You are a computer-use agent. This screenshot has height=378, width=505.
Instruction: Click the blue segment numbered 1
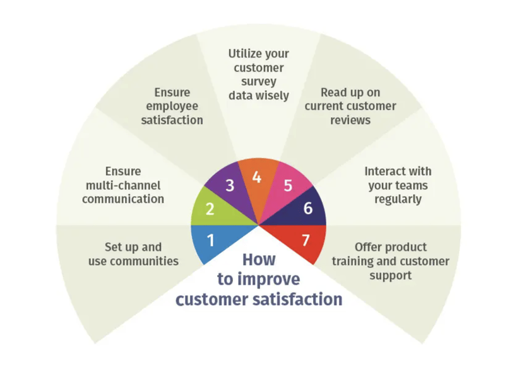coord(211,241)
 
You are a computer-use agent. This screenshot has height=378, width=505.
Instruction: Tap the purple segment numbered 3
coord(230,186)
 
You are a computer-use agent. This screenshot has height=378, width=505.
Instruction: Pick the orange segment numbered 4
coord(257,178)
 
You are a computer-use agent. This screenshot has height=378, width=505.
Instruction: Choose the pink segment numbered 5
coord(287,186)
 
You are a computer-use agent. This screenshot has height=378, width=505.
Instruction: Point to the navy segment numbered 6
coord(307,208)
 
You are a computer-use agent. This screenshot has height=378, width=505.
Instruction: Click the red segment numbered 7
coord(306,240)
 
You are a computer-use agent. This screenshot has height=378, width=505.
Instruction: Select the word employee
coord(172,106)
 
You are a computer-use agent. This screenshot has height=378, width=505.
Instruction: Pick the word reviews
coord(351,120)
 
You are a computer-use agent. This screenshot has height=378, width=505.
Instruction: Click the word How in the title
coord(259,260)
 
